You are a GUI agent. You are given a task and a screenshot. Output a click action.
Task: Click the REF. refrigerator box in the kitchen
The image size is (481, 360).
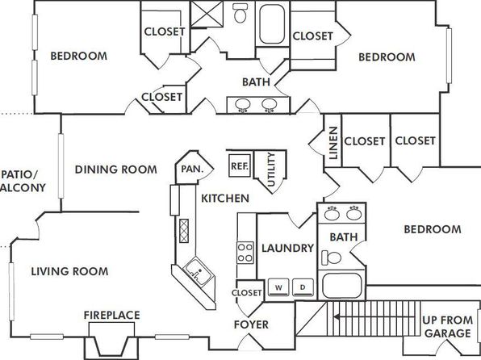[x=240, y=165]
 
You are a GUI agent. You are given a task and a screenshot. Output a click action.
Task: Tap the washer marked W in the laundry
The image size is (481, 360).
[x=278, y=287]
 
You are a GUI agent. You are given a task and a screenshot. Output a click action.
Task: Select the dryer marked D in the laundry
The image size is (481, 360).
[x=303, y=287]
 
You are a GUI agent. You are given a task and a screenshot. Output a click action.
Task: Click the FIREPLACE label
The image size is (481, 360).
[x=112, y=315]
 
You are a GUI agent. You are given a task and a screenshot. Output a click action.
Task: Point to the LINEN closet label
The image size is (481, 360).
[x=333, y=143]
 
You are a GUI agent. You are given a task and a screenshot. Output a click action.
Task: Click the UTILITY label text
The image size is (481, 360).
[x=271, y=170]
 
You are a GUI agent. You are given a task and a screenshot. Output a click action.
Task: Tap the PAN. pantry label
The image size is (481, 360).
[x=192, y=169]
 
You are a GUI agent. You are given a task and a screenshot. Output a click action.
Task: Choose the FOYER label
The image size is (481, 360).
[x=251, y=324]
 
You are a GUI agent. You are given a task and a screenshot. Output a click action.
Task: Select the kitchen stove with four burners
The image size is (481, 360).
[x=245, y=253]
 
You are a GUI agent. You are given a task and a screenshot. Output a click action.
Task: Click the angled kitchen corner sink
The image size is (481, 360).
[x=197, y=271]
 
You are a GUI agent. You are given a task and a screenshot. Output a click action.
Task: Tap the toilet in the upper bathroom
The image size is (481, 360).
[x=240, y=13]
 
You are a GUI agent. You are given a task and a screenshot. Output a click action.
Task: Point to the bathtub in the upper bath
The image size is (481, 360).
[x=272, y=24]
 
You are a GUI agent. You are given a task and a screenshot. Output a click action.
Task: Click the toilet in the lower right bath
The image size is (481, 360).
[x=331, y=257]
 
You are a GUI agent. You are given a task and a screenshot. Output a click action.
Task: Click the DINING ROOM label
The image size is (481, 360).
[x=116, y=170]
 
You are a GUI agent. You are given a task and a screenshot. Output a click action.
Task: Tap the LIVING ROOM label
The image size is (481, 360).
[x=69, y=271]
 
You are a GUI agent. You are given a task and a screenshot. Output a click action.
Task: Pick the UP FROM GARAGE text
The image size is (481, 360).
[x=448, y=327]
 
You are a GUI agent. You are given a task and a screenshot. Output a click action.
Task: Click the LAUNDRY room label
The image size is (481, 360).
[x=287, y=248]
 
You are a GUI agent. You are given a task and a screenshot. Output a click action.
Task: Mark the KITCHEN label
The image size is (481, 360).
[x=225, y=199]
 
